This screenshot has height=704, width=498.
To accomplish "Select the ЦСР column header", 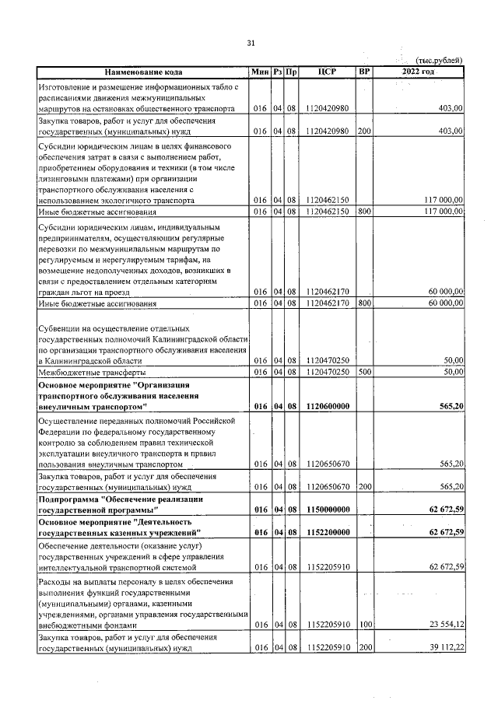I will point(327,72).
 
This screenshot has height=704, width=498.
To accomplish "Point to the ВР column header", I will point(363,72).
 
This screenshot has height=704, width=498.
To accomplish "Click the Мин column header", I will point(259,72).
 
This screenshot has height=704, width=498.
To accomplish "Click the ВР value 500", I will point(363,373).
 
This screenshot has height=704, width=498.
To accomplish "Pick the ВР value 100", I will point(363,625).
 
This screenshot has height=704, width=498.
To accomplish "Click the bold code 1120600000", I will point(327,406).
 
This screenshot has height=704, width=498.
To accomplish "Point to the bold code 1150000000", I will point(327,509).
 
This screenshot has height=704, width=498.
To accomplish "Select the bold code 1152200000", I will point(327,531).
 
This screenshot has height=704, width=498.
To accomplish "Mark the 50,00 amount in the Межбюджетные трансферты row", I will point(453,373).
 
